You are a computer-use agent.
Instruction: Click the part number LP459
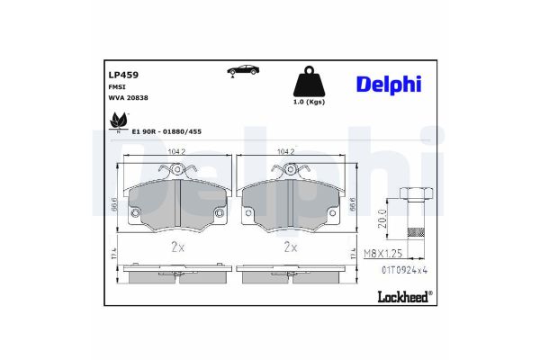[x=121, y=76]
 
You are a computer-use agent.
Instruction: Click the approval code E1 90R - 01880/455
[x=167, y=130]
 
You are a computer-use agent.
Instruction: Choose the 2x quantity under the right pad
[x=291, y=246]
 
